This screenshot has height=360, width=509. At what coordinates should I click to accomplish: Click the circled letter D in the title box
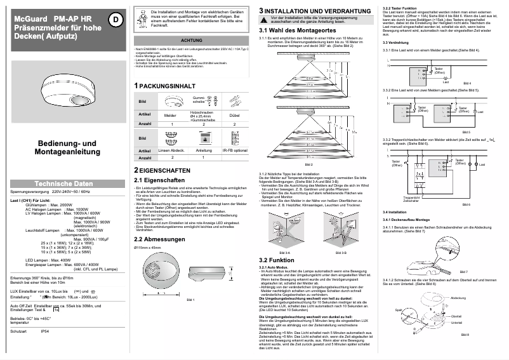pyautogui.click(x=115, y=20)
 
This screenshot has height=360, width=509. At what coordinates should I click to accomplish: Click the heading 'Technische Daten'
pyautogui.click(x=63, y=183)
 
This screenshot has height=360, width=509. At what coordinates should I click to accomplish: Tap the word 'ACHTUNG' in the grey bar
pyautogui.click(x=192, y=40)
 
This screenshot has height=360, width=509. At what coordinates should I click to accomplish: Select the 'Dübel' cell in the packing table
pyautogui.click(x=234, y=115)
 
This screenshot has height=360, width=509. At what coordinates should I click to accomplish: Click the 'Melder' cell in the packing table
pyautogui.click(x=170, y=115)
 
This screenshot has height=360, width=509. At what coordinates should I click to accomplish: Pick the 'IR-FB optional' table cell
pyautogui.click(x=234, y=150)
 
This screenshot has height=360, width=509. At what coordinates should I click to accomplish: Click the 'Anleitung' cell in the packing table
pyautogui.click(x=203, y=150)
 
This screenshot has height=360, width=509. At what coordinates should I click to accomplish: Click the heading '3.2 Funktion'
pyautogui.click(x=276, y=260)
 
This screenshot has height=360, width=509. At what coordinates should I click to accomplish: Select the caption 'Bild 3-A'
pyautogui.click(x=285, y=252)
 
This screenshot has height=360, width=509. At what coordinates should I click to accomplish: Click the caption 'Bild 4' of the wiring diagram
pyautogui.click(x=467, y=83)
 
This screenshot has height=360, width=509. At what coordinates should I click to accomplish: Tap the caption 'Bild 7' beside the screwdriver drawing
pyautogui.click(x=463, y=271)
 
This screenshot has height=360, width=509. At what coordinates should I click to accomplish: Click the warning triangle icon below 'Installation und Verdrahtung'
pyautogui.click(x=264, y=19)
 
